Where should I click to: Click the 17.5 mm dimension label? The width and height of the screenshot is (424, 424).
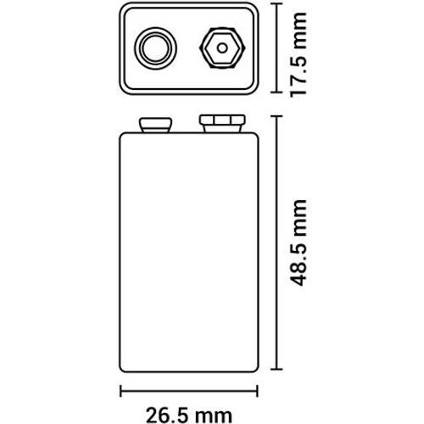coord(298,55)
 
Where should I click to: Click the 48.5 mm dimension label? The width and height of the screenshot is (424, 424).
coord(298,243)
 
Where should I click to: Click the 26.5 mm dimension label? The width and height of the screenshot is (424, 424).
coord(189,416)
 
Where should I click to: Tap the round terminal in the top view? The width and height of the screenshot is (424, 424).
coord(155,48)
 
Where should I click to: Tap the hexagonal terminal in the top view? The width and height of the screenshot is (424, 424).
coord(222,48)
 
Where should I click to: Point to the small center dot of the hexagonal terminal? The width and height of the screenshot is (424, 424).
coord(222,48)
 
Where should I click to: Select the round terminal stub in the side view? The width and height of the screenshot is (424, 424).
coord(155,125)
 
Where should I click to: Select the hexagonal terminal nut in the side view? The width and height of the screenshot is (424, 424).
coord(222,124)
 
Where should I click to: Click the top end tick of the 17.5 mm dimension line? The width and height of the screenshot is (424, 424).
coord(276,4)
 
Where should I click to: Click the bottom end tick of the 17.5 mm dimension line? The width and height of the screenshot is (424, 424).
coord(276,92)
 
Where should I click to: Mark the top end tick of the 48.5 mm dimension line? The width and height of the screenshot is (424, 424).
coord(276,116)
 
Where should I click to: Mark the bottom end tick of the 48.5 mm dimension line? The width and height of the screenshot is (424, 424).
coord(276,369)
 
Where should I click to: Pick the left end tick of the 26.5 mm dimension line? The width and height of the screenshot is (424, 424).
coord(121,391)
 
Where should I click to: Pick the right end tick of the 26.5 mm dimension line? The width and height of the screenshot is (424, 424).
coord(257,391)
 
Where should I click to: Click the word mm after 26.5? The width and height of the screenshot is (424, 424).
coord(215,416)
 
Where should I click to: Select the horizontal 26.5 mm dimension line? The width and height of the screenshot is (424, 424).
coord(189,391)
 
